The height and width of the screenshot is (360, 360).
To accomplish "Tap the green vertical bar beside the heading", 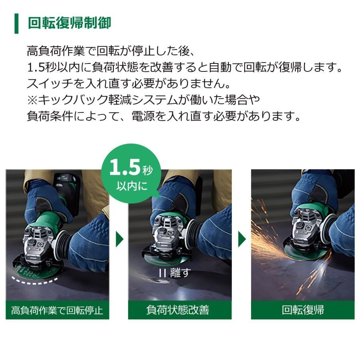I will tap(16, 23).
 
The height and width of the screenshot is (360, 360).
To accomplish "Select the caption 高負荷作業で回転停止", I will tap(57, 310).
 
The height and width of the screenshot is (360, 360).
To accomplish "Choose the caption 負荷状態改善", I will tap(180, 310).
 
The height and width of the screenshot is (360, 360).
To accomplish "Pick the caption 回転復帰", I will tap(303, 310).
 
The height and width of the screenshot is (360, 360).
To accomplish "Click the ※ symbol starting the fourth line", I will tap(32, 100).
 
